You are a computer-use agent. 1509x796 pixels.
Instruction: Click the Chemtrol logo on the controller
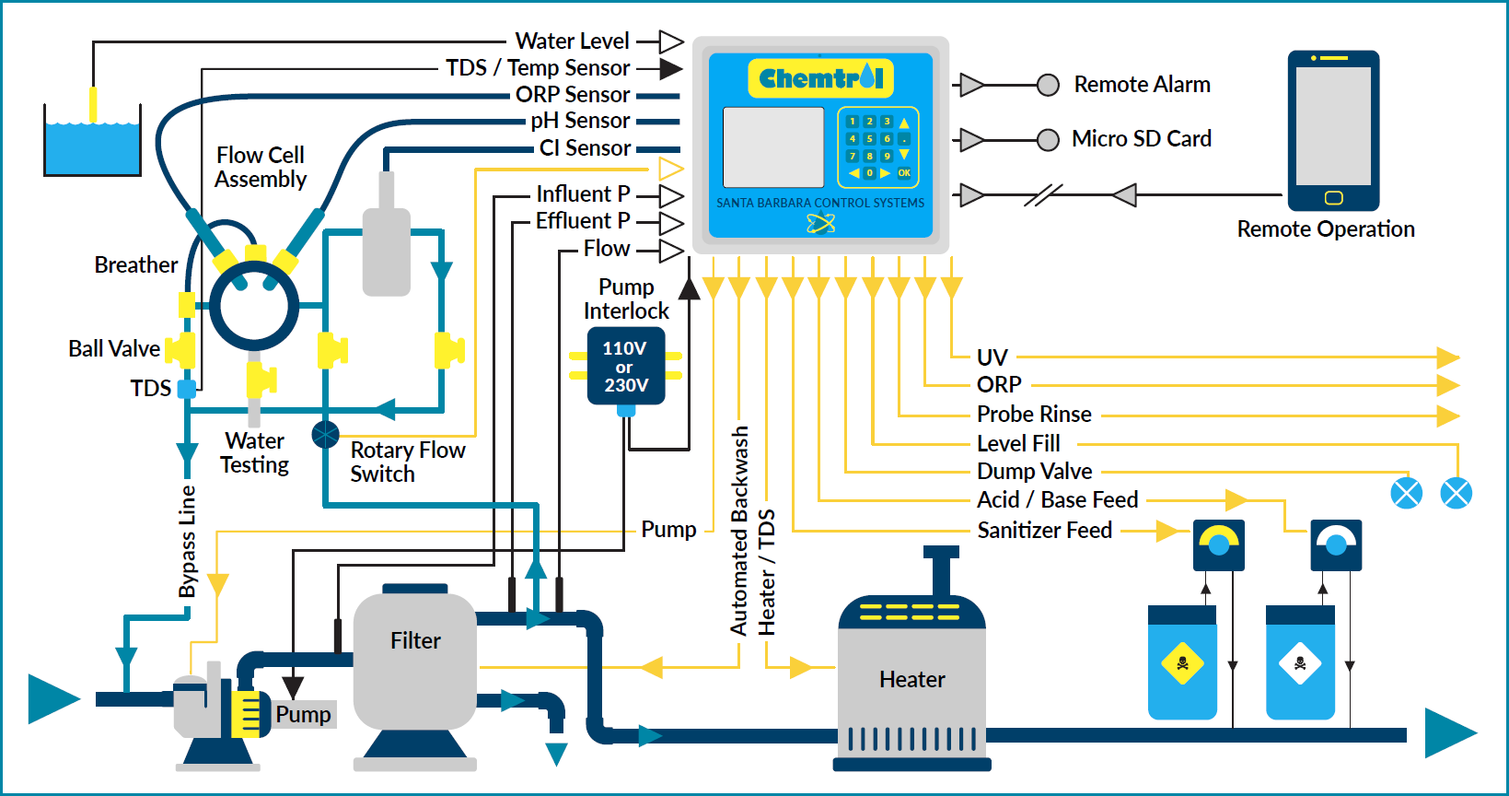(820, 78)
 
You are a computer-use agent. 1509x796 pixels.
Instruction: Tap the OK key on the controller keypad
(904, 173)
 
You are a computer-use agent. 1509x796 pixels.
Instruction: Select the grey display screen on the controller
(773, 146)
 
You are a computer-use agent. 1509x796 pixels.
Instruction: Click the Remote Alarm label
(1142, 85)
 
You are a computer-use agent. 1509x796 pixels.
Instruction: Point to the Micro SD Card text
(1141, 139)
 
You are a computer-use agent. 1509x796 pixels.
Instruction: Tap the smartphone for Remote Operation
(1333, 130)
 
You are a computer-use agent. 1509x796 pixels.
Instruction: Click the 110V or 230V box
(626, 367)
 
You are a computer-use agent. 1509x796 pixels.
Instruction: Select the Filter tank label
(415, 640)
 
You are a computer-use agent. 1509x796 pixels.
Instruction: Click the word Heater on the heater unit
(911, 680)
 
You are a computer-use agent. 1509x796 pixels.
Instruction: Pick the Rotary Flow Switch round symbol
(325, 434)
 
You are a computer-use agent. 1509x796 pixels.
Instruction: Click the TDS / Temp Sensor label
(538, 68)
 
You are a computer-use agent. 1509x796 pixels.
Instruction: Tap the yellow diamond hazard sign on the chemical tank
(1183, 663)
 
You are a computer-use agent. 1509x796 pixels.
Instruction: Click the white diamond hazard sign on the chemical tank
(1300, 663)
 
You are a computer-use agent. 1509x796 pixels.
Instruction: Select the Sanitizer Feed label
(1044, 531)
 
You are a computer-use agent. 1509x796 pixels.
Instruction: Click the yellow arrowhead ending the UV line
(1447, 357)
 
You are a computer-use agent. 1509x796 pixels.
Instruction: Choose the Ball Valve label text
(113, 349)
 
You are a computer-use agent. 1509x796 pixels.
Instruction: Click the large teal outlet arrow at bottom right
(1448, 733)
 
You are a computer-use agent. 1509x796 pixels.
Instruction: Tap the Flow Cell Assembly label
(261, 168)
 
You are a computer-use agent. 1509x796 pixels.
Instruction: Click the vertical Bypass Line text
(188, 542)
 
